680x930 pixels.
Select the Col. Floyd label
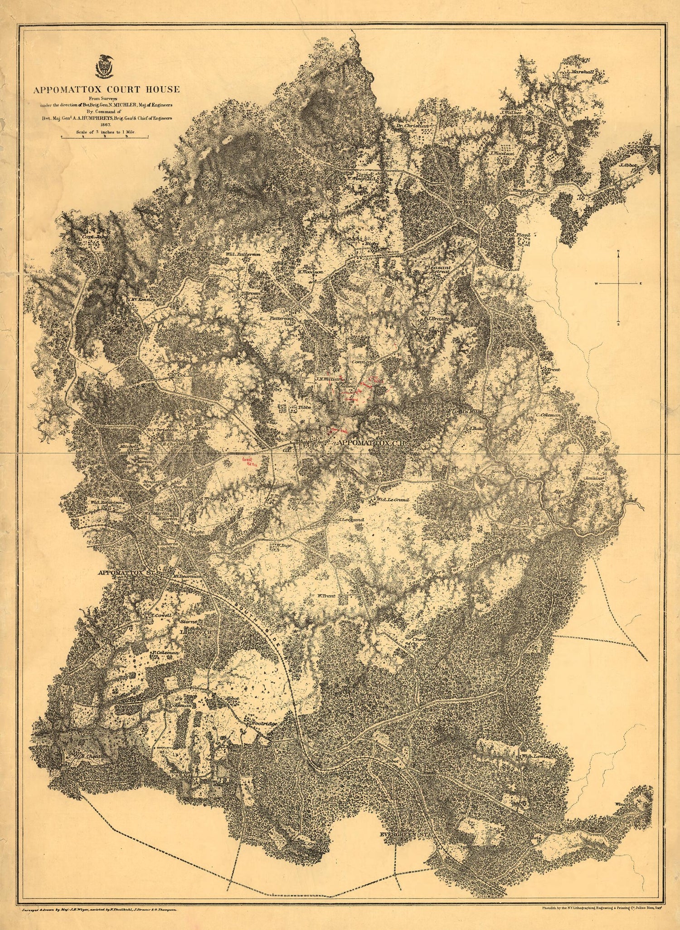tap(519, 235)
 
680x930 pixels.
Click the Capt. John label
tap(90, 236)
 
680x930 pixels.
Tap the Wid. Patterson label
tap(243, 255)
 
